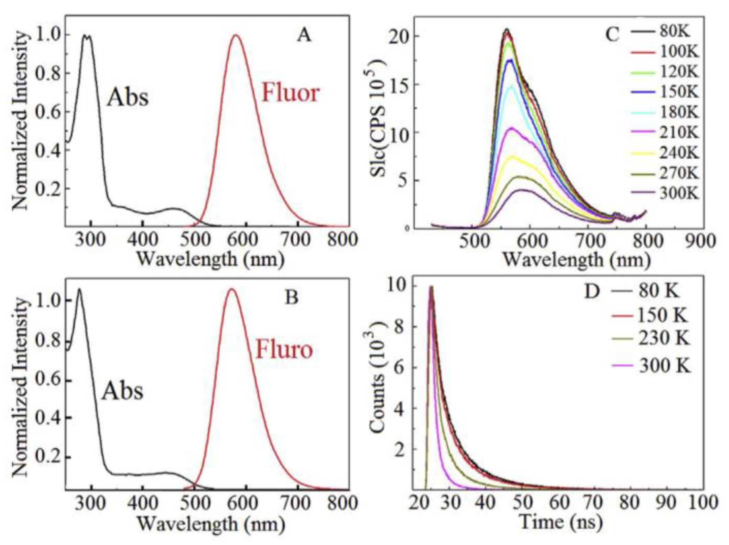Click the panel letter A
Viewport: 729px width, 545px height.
(x=304, y=35)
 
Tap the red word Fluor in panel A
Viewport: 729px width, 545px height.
(x=291, y=94)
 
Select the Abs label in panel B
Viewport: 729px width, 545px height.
(x=122, y=391)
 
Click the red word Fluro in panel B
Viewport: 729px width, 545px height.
(x=284, y=350)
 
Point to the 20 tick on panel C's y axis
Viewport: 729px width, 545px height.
(x=399, y=36)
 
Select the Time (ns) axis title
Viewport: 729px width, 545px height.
(x=561, y=522)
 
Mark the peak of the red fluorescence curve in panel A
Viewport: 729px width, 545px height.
(x=236, y=35)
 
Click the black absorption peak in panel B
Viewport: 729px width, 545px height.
(x=79, y=289)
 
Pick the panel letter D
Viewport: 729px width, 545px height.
(x=592, y=292)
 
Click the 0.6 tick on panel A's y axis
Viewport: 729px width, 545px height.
(x=48, y=112)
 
